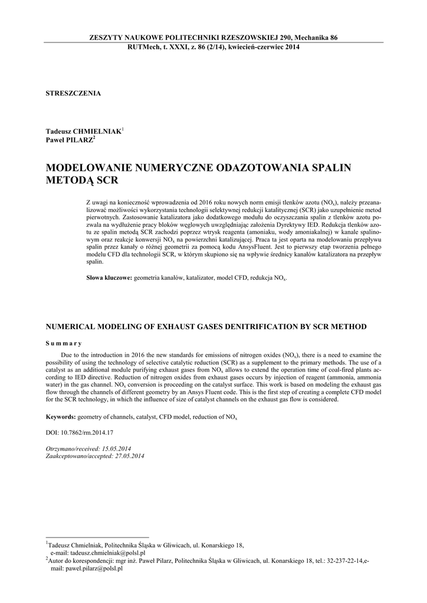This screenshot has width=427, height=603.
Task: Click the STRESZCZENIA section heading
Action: click(73, 93)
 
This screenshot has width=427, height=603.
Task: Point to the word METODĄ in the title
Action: click(69, 181)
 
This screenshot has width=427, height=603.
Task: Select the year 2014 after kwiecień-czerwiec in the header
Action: click(289, 47)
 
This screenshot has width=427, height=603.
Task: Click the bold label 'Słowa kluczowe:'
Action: click(109, 277)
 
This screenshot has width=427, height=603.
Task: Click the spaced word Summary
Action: click(64, 343)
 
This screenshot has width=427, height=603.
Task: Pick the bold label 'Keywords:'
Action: click(61, 417)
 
